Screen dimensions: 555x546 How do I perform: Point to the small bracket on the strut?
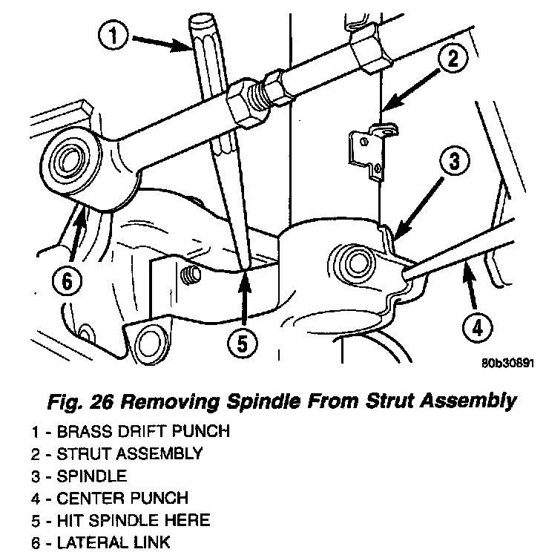(x=367, y=152)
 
